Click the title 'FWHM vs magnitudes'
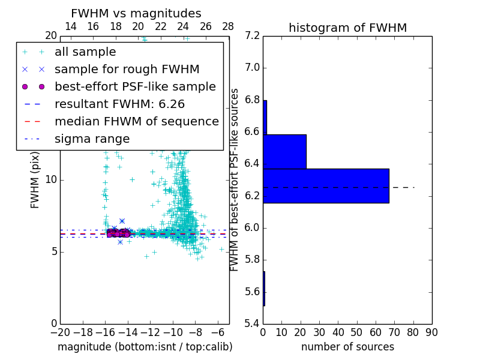(x=136, y=14)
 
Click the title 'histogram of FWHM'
(x=347, y=28)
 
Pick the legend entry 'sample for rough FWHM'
(x=127, y=70)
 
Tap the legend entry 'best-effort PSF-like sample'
(x=135, y=87)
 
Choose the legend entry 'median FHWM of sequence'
(x=136, y=122)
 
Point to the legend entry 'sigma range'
(x=92, y=139)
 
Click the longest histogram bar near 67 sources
(x=326, y=186)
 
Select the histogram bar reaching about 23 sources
(x=284, y=152)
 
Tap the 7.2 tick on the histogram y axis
(x=253, y=36)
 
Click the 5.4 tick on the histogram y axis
(x=253, y=324)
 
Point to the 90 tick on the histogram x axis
(x=431, y=332)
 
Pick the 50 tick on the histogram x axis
(x=356, y=332)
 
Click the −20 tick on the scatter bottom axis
(x=60, y=332)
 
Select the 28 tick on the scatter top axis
(x=228, y=26)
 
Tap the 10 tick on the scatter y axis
(x=51, y=180)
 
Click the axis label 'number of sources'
(x=347, y=347)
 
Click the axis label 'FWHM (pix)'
(x=35, y=180)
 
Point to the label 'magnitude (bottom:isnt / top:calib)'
(x=145, y=347)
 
